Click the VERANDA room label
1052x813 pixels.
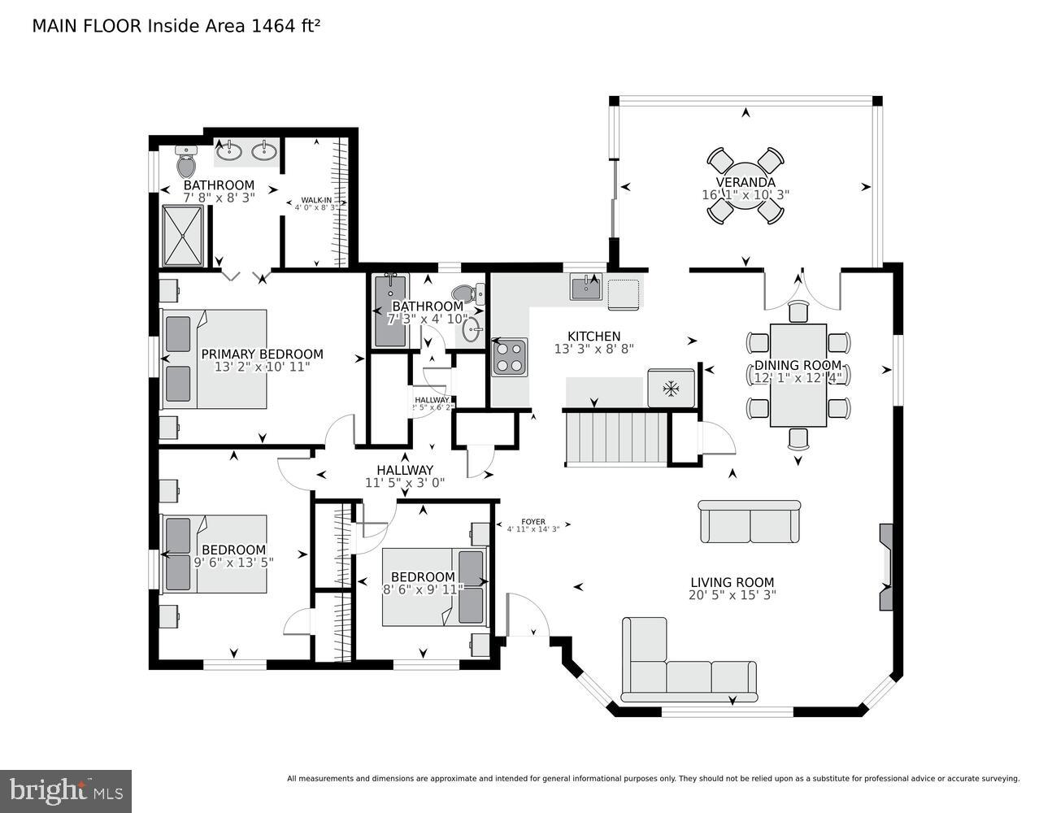click(x=745, y=182)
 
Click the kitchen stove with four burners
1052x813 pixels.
click(x=509, y=357)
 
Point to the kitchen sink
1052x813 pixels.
click(x=585, y=288)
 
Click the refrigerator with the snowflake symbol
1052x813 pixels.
click(x=671, y=388)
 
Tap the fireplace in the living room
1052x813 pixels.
click(x=885, y=567)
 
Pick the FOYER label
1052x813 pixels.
click(x=533, y=522)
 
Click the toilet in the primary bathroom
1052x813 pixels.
click(x=186, y=162)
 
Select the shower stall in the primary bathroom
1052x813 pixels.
click(x=183, y=236)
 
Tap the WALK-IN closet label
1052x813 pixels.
click(x=315, y=200)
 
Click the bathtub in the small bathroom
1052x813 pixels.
click(x=390, y=311)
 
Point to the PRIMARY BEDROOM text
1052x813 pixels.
click(x=262, y=354)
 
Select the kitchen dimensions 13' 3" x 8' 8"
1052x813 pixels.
click(x=593, y=349)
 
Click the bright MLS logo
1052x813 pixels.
click(x=66, y=790)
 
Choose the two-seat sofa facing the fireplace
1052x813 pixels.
click(x=750, y=522)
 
